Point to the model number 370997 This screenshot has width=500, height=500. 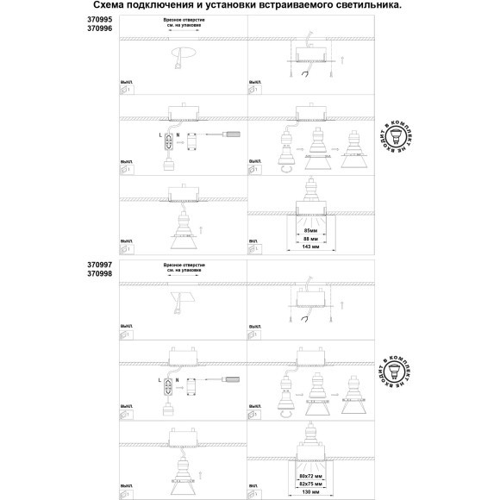(99, 265)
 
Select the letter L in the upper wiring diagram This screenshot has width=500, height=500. (161, 135)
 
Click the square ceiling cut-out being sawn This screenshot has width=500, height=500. (184, 299)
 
